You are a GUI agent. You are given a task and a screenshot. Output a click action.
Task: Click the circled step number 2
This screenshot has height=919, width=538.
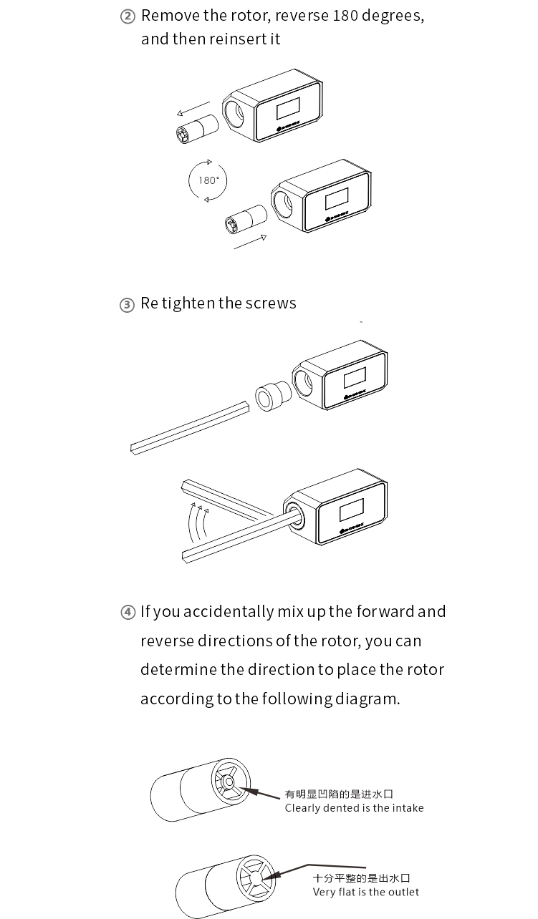pyautogui.click(x=128, y=17)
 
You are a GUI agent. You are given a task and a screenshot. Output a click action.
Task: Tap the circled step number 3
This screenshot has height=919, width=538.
pyautogui.click(x=127, y=305)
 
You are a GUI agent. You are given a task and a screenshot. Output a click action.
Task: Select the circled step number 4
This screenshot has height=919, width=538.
pyautogui.click(x=128, y=613)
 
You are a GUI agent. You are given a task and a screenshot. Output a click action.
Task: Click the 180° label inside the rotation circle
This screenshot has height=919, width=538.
pyautogui.click(x=208, y=180)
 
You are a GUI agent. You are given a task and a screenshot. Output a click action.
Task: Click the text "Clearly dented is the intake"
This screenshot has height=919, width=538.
pyautogui.click(x=354, y=808)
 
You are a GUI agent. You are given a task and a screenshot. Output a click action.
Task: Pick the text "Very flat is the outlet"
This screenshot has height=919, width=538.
pyautogui.click(x=365, y=893)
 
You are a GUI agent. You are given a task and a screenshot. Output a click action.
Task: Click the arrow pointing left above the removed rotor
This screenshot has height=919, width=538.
pyautogui.click(x=193, y=109)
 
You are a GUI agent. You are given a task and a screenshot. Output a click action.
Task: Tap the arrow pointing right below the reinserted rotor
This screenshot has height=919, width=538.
pyautogui.click(x=250, y=243)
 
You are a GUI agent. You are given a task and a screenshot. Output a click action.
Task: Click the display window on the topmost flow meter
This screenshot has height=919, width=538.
pyautogui.click(x=287, y=110)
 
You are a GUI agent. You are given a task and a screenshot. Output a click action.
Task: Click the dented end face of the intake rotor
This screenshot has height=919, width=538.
pyautogui.click(x=230, y=782)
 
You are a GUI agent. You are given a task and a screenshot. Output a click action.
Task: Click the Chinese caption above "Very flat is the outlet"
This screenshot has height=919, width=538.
pyautogui.click(x=361, y=878)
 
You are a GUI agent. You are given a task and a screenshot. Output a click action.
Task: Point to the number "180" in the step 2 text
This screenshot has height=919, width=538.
pyautogui.click(x=345, y=16)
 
